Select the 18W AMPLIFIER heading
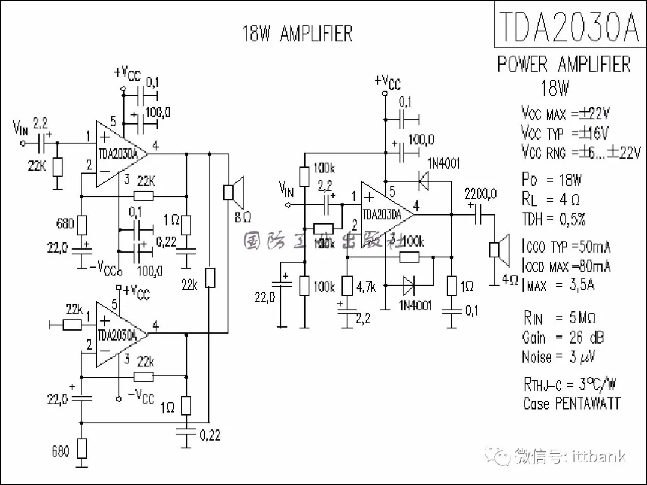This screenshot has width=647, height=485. coord(297,34)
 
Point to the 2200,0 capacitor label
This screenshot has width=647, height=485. coord(481,193)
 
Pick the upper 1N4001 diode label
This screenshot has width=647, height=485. coord(443,163)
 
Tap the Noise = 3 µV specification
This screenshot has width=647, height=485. coord(558,357)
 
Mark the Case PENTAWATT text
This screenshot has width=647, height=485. coord(571,404)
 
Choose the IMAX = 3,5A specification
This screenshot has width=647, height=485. coord(558,285)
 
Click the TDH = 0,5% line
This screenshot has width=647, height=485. coord(554,219)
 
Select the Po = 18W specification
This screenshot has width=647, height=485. coord(551,180)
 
